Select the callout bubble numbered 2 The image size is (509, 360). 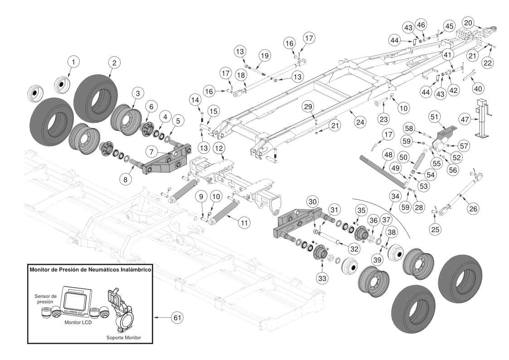tap(114, 63)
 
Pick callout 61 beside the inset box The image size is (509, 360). tap(175, 318)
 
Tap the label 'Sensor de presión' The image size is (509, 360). tap(45, 298)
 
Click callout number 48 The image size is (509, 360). tap(388, 155)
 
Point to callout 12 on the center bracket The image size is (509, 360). tap(219, 149)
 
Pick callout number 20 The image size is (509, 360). tap(468, 23)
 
